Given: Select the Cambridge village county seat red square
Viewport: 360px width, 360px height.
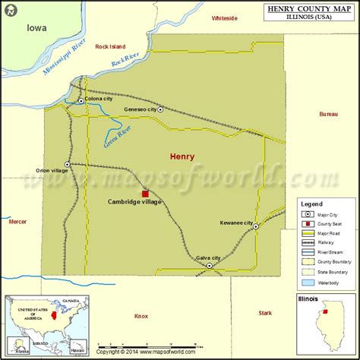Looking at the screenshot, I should [145, 194].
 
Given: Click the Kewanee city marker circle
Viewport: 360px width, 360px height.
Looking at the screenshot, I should [257, 226].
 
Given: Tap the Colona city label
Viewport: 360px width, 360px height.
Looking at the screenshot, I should [99, 99].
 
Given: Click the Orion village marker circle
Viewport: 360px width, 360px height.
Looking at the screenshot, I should [68, 164].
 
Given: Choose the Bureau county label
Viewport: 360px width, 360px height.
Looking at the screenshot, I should [328, 114].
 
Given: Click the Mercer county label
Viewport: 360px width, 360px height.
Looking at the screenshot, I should [17, 222].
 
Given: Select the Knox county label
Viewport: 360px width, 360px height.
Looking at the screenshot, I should [141, 315].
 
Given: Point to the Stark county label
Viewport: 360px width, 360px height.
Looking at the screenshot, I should [264, 312].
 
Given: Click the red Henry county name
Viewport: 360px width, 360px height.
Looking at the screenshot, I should [182, 156].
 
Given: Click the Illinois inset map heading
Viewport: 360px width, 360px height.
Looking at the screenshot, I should [309, 299].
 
